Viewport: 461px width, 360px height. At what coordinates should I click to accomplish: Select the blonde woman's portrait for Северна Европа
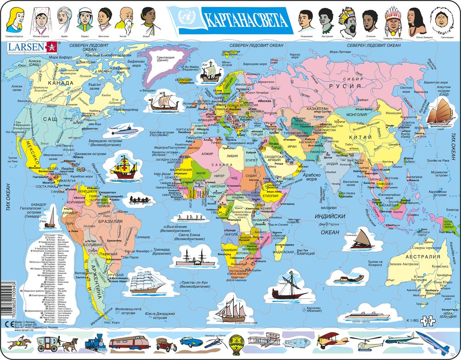pyautogui.click(x=16, y=18)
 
